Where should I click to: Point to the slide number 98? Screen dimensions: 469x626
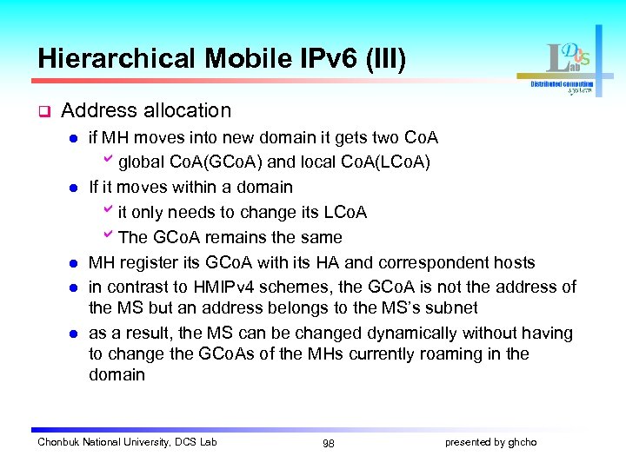328,443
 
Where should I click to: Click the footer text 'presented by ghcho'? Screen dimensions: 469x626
490,442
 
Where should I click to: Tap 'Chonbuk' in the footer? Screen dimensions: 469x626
58,442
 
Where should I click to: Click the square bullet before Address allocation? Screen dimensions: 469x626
43,111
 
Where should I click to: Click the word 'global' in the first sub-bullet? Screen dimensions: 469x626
137,162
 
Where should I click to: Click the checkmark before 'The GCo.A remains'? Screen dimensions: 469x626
108,236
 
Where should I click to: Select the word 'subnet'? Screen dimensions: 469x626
451,308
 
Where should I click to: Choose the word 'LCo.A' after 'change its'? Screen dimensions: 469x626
343,212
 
